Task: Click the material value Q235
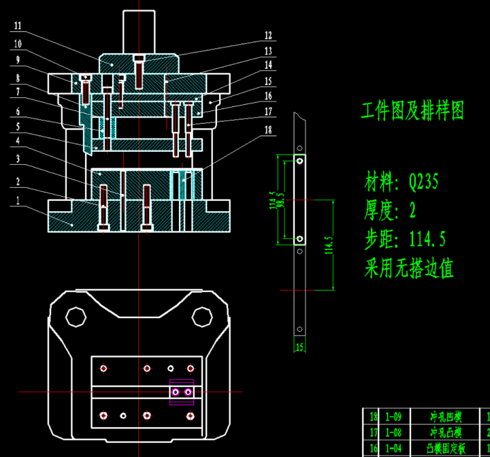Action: click(x=423, y=183)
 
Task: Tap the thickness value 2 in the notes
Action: click(x=412, y=211)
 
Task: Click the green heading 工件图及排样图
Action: click(x=412, y=110)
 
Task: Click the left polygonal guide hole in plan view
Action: click(x=76, y=317)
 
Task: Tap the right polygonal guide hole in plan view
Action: click(x=202, y=317)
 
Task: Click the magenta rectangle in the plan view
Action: click(x=182, y=392)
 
